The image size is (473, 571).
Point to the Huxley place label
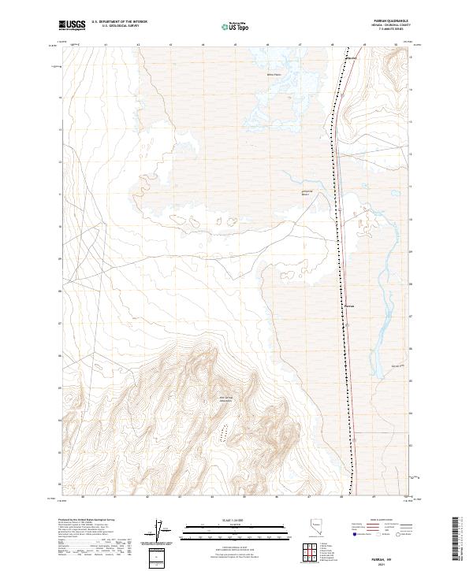(352, 59)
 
